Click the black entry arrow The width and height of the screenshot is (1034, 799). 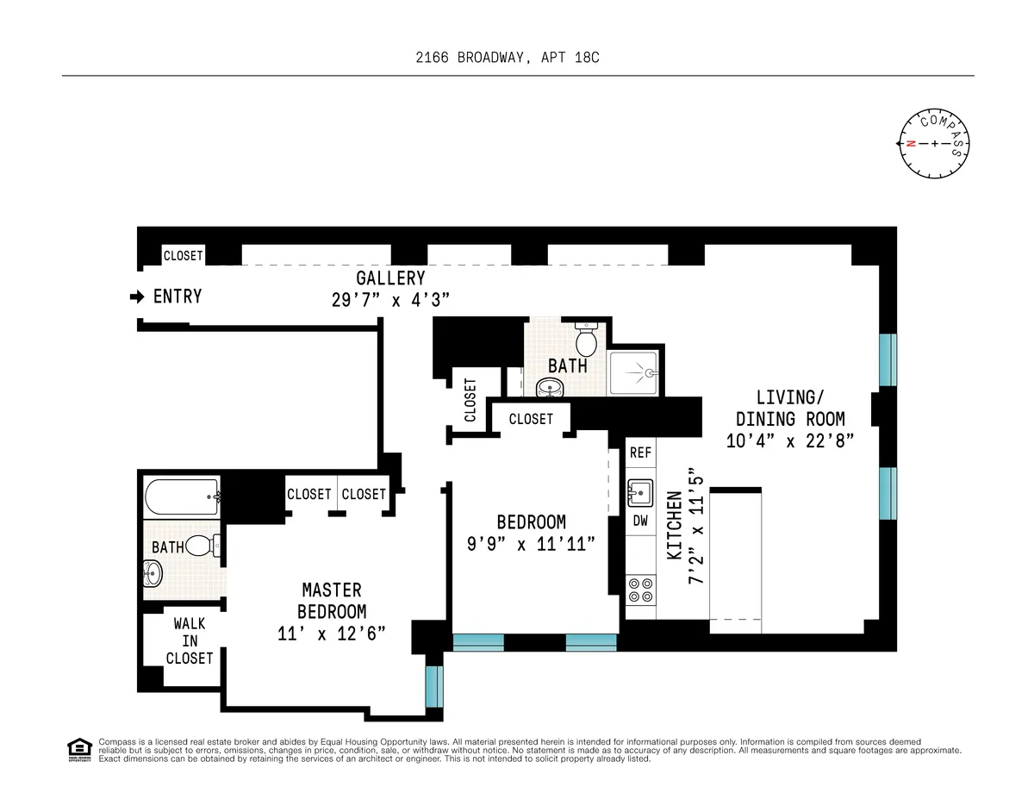click(136, 297)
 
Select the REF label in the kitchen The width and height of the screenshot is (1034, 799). click(640, 453)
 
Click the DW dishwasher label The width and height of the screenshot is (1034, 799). click(640, 521)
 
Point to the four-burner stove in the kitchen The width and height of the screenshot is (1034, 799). click(640, 589)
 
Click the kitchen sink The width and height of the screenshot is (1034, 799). click(640, 494)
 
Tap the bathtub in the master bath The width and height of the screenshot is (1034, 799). click(182, 497)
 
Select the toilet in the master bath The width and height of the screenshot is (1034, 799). click(201, 546)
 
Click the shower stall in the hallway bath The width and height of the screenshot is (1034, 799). click(634, 373)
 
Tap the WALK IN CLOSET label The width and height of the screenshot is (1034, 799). click(189, 640)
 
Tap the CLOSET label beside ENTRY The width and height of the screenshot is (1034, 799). click(184, 256)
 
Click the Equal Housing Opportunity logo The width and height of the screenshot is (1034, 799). click(79, 750)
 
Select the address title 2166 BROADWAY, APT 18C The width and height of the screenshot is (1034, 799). click(517, 58)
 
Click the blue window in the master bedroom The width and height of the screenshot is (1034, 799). click(433, 685)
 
